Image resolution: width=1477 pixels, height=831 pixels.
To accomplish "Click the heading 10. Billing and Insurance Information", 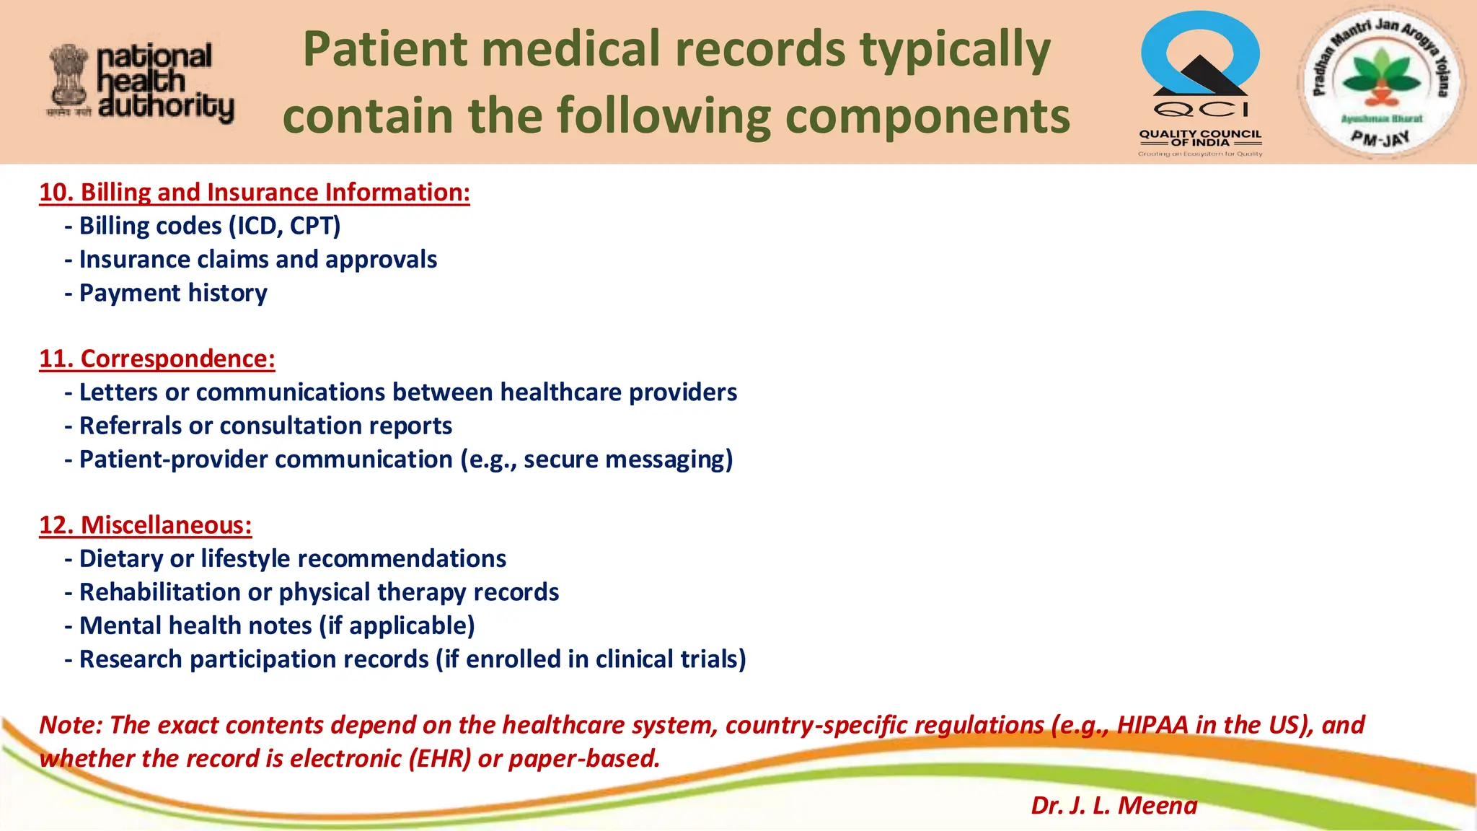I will pos(255,193).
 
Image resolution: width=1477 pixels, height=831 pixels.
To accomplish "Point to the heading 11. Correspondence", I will pos(157,359).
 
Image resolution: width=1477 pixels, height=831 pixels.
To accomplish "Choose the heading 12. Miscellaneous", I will pos(146,525).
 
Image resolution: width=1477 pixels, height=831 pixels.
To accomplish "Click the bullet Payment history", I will pos(173,293).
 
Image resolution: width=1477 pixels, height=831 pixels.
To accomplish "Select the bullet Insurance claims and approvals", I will pos(257,260).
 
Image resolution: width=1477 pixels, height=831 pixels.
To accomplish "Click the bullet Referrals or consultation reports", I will pos(265,426).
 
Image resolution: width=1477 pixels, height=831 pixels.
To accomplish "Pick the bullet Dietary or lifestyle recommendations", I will pos(292,558).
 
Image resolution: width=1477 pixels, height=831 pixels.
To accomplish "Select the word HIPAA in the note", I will pos(1152,724).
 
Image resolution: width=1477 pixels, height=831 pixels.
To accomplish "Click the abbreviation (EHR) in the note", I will pos(439,758).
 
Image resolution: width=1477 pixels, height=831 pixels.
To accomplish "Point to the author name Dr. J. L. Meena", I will pos(1114,805).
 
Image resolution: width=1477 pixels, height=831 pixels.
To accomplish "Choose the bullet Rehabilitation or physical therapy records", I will pos(319,592).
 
